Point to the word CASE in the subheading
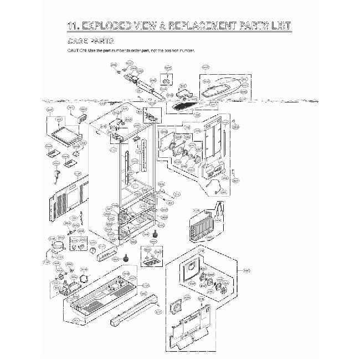78,42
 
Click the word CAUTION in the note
77,50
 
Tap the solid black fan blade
85,279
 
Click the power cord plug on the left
58,176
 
